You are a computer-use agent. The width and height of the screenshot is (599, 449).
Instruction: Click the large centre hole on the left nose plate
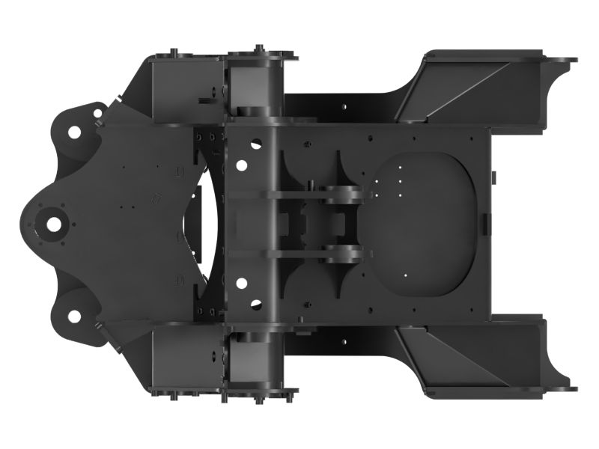click(55, 223)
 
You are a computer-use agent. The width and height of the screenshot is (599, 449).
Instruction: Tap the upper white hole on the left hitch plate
click(75, 132)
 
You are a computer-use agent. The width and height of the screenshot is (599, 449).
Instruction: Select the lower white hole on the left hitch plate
click(75, 316)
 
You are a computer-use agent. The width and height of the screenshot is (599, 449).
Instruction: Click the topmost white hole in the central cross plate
click(255, 141)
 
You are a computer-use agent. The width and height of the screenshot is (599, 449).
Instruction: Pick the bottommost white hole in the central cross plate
click(255, 305)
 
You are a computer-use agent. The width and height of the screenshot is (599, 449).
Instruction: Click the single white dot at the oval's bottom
click(405, 275)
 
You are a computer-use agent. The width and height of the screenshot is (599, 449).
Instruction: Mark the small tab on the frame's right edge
click(488, 223)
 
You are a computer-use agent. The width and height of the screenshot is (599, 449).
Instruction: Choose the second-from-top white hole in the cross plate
click(241, 164)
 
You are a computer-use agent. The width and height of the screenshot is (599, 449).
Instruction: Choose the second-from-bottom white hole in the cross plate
click(241, 283)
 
